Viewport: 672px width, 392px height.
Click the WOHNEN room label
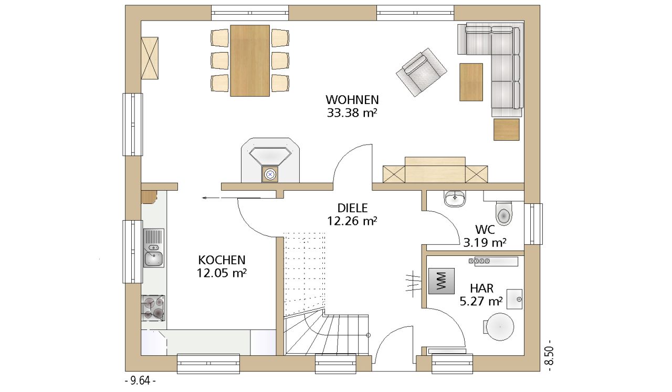click(352, 99)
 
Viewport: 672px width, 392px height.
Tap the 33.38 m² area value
click(352, 113)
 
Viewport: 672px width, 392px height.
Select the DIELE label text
click(352, 208)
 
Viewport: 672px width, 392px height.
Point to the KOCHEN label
click(222, 260)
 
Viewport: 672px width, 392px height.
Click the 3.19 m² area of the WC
click(485, 242)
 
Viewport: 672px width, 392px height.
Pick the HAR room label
click(481, 288)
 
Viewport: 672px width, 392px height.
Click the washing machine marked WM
click(441, 281)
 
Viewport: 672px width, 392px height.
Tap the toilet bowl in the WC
click(504, 213)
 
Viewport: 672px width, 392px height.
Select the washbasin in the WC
click(455, 199)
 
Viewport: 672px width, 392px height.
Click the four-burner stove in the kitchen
click(153, 307)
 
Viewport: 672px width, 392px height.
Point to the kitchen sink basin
click(154, 259)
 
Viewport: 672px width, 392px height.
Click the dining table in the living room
click(249, 60)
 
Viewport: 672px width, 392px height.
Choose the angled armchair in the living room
click(422, 73)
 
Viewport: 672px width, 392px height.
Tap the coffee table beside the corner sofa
click(471, 82)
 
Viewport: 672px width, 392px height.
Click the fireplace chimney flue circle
click(270, 174)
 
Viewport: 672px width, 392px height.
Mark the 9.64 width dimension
click(140, 381)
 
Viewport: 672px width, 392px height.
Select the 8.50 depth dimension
click(549, 357)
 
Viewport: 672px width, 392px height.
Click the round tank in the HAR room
click(500, 327)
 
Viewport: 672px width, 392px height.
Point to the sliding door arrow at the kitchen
click(232, 198)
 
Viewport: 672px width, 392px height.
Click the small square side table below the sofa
click(507, 129)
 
